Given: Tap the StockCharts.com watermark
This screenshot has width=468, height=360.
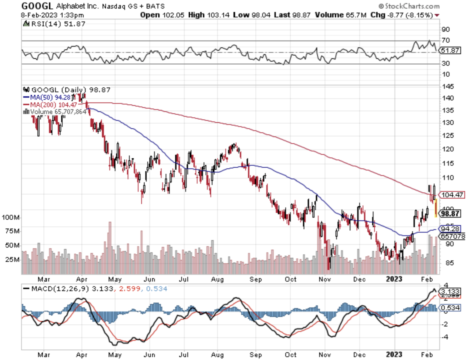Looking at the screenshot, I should [x=409, y=6].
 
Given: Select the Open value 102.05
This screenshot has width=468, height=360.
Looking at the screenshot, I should [x=173, y=15].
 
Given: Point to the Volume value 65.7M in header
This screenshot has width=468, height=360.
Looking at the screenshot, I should [x=356, y=15].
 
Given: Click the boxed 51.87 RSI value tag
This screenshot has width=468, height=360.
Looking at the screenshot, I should [x=450, y=50].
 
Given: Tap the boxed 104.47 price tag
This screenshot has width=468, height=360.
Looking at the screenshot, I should [x=452, y=195].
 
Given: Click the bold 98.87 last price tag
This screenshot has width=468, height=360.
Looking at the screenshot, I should [x=450, y=214].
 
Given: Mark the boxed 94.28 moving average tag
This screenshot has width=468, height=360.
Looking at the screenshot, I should [x=450, y=229].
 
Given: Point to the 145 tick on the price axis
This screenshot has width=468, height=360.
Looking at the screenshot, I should [x=448, y=87].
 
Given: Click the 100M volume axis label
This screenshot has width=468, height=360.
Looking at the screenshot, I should [x=11, y=217].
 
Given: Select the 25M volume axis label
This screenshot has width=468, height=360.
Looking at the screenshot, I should [x=12, y=259].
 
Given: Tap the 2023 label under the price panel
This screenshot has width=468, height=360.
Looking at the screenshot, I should [x=394, y=279].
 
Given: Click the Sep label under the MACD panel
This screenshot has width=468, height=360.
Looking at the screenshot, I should [x=256, y=355].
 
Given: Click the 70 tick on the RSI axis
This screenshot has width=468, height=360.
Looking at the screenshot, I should [x=445, y=40].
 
